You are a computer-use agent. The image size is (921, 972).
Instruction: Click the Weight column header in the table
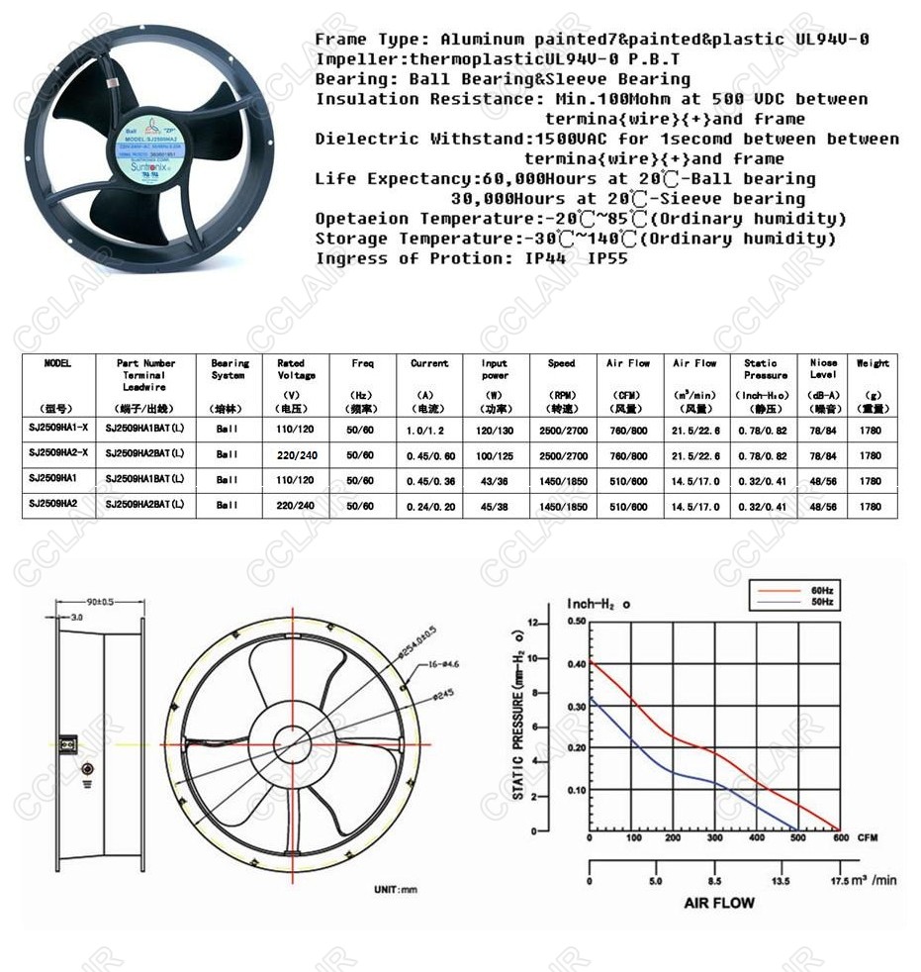tap(872, 363)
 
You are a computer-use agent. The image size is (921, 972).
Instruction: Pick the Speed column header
tap(561, 363)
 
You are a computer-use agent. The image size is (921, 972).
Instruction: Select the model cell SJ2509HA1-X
tap(58, 429)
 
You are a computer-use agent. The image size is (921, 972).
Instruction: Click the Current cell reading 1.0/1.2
tap(428, 429)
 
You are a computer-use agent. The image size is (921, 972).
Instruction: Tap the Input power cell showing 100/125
tap(495, 454)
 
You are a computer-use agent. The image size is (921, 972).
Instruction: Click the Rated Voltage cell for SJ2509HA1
tap(296, 479)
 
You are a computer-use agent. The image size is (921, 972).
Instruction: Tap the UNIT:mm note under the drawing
tap(395, 890)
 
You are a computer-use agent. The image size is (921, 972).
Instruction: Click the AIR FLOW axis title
tap(718, 903)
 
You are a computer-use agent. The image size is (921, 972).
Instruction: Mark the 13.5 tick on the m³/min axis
tap(781, 880)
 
